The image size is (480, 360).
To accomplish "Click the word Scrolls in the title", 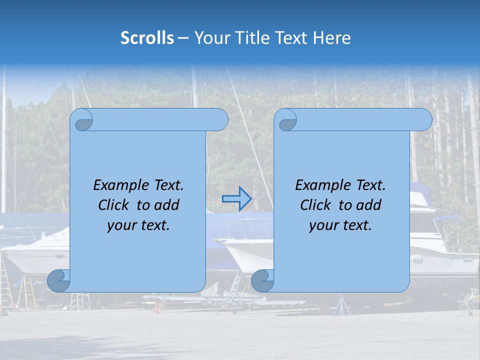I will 147,38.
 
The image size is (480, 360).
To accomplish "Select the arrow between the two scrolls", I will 236,199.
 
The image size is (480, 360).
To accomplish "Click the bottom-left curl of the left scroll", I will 58,280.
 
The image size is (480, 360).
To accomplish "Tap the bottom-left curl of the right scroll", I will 262,280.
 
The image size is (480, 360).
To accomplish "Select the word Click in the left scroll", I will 115,205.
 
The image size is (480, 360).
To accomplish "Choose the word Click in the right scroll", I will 317,205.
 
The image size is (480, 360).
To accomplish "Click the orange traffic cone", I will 156,307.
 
